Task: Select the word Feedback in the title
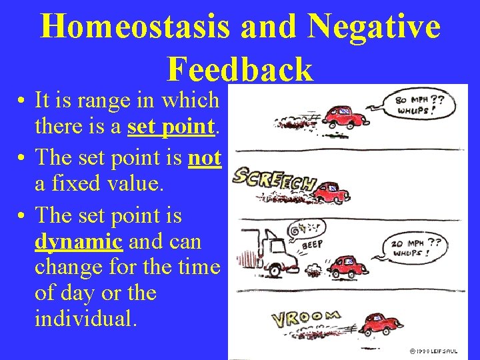point(240,68)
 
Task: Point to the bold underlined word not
point(205,157)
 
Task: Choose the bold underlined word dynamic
point(79,241)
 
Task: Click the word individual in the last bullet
point(86,319)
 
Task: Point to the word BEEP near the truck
point(312,245)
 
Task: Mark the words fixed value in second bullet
point(107,183)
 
